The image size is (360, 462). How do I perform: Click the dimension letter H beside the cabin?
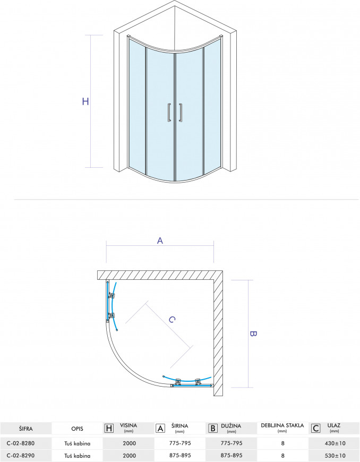[x=85, y=101]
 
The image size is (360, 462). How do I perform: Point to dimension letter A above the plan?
[x=159, y=240]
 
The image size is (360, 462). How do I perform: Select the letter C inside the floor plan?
[x=172, y=319]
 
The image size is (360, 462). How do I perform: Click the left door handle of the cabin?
[x=168, y=113]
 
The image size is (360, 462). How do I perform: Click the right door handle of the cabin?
[x=181, y=113]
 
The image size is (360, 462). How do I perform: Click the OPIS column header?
[x=76, y=428]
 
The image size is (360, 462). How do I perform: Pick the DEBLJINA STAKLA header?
[x=282, y=425]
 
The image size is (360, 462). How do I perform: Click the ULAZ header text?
[x=334, y=425]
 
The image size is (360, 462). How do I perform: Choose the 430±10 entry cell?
[x=334, y=443]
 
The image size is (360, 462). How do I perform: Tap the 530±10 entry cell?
[x=334, y=456]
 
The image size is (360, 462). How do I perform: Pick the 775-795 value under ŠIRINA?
[x=179, y=443]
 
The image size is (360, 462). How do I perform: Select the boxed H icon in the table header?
[x=109, y=428]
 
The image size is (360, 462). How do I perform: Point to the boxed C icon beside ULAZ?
[x=315, y=428]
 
